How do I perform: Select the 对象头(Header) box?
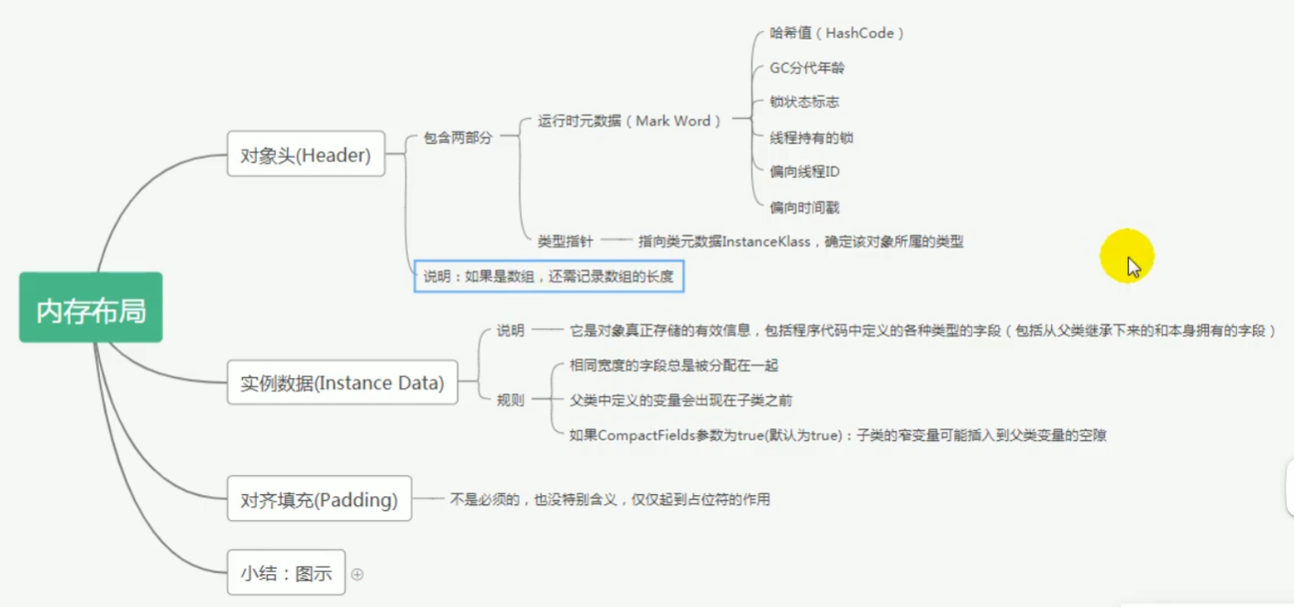coord(305,154)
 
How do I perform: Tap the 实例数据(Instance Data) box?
coord(342,382)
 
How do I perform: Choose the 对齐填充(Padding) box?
coord(319,499)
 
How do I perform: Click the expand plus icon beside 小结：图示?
coord(358,574)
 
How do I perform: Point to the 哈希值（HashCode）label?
coord(837,33)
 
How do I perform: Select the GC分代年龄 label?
coord(807,68)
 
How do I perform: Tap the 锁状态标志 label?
coord(804,102)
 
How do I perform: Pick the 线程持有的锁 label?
coord(812,138)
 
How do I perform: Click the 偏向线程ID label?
coord(804,171)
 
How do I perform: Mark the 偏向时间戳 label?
coord(804,207)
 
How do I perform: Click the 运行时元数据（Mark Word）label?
coord(629,120)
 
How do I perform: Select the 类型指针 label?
coord(565,241)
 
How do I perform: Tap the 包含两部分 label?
coord(458,138)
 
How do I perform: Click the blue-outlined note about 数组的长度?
coord(548,275)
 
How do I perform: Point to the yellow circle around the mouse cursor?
coord(1127,256)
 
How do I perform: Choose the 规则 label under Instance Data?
coord(510,400)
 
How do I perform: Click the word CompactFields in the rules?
coord(640,436)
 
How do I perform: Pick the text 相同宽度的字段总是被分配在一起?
coord(673,365)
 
